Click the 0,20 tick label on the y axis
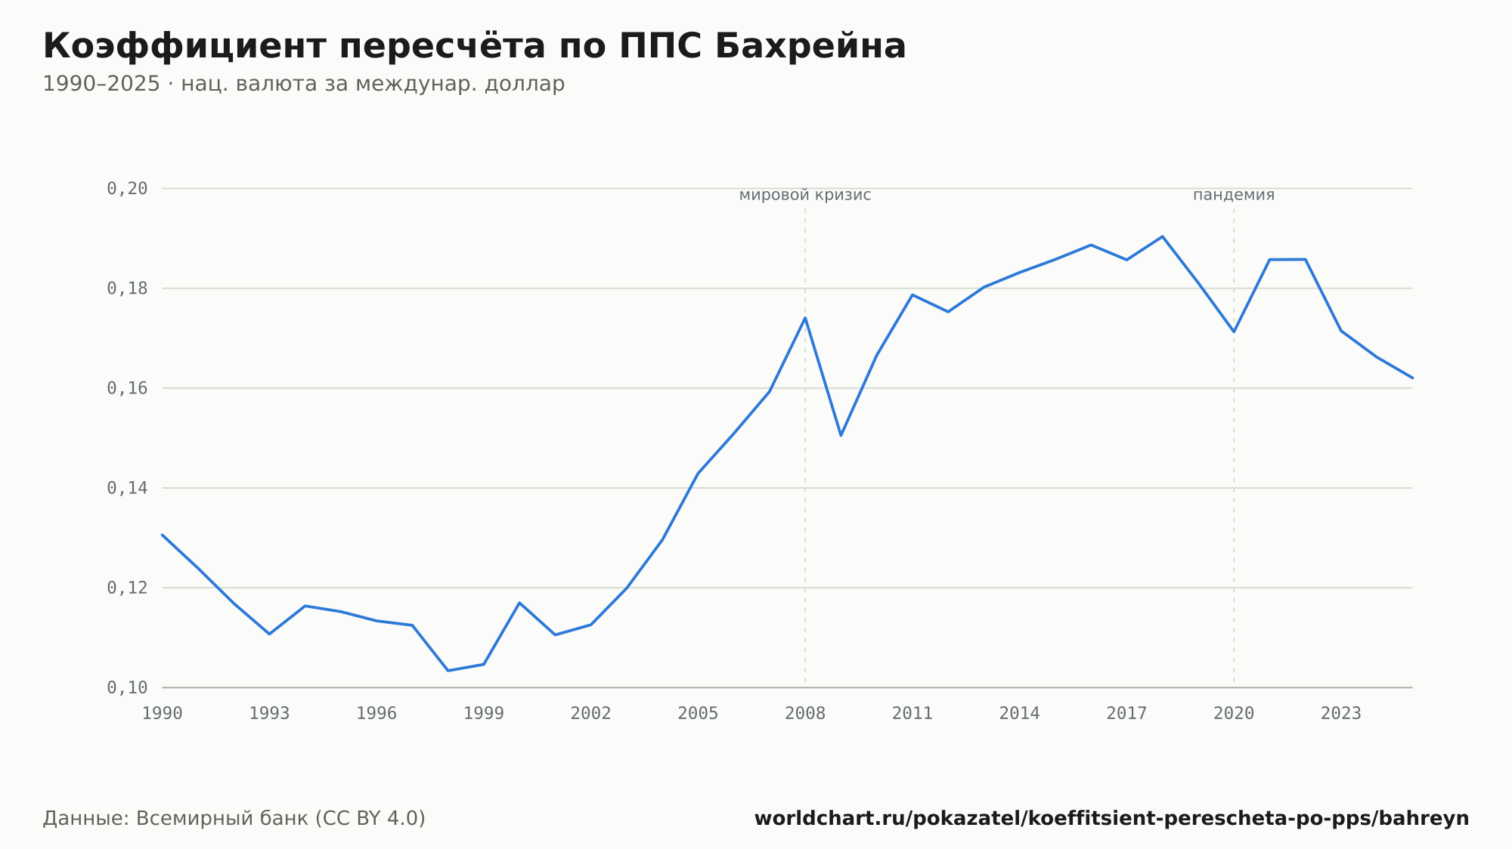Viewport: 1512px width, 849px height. tap(127, 189)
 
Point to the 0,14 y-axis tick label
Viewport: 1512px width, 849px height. tap(127, 488)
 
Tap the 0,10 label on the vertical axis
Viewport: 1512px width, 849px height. tap(127, 687)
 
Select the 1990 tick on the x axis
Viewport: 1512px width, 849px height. tap(163, 714)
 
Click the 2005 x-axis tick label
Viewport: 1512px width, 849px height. tap(698, 714)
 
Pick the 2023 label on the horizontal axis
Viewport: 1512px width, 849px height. tap(1341, 714)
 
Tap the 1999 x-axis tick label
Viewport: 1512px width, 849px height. tap(484, 714)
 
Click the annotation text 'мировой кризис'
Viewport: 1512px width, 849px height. tap(805, 195)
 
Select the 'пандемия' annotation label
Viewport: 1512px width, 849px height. tap(1234, 195)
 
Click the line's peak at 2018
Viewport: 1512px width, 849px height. tap(1163, 236)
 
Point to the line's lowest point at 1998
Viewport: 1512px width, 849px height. tap(448, 671)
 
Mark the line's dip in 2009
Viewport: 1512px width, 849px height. tap(841, 435)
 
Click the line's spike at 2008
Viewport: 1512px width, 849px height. tap(805, 317)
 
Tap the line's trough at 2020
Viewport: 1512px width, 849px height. tap(1234, 332)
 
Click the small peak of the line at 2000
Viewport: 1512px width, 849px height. tap(519, 602)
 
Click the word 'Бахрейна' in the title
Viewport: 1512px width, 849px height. tap(810, 46)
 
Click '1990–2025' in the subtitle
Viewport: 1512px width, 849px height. tap(101, 84)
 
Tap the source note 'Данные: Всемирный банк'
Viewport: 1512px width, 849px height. tap(175, 818)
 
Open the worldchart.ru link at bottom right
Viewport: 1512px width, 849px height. tap(1112, 818)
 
